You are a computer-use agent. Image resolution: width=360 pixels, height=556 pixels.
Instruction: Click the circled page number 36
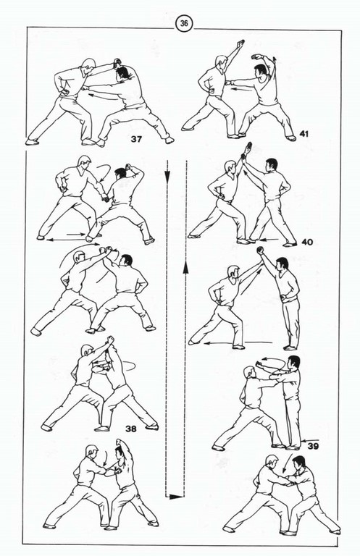pyautogui.click(x=184, y=23)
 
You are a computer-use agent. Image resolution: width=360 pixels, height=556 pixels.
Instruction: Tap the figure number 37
pyautogui.click(x=136, y=139)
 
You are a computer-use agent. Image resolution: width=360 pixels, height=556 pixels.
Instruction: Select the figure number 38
pyautogui.click(x=130, y=429)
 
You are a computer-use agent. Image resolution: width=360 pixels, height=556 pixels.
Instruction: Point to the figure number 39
pyautogui.click(x=313, y=445)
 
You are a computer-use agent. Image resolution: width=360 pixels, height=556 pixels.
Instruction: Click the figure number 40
pyautogui.click(x=307, y=242)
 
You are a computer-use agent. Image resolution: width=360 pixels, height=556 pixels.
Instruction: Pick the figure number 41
pyautogui.click(x=304, y=134)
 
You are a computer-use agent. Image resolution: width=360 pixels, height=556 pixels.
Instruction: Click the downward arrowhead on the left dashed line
pyautogui.click(x=167, y=174)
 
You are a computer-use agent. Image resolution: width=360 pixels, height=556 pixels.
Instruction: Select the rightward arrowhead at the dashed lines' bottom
pyautogui.click(x=175, y=497)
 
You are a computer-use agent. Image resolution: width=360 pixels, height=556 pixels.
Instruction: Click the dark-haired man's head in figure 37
pyautogui.click(x=122, y=72)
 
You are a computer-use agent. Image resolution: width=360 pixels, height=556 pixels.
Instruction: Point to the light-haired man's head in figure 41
pyautogui.click(x=221, y=62)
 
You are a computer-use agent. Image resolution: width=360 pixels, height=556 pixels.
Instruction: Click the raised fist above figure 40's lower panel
pyautogui.click(x=261, y=250)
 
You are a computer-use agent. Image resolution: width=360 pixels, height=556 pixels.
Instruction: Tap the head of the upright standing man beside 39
pyautogui.click(x=293, y=363)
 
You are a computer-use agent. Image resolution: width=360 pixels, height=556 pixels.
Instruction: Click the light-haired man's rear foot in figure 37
pyautogui.click(x=32, y=142)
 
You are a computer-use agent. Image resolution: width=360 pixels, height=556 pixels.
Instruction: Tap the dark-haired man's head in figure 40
pyautogui.click(x=271, y=165)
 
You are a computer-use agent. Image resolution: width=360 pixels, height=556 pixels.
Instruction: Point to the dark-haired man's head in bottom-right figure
pyautogui.click(x=298, y=463)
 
